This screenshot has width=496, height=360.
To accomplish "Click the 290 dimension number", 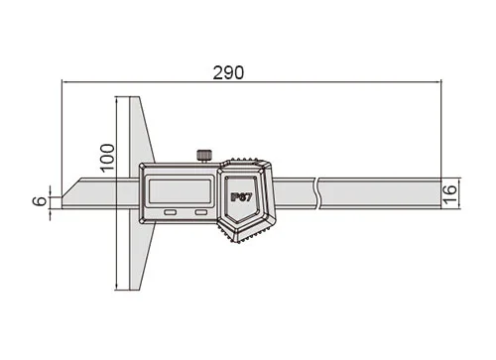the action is (x=228, y=72).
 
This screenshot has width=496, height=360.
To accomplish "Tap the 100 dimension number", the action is (x=107, y=158).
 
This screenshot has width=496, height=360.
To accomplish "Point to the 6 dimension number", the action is (x=41, y=201).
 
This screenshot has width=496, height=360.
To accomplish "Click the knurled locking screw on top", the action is (x=204, y=156).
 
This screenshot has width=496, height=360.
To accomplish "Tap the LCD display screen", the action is (x=180, y=191).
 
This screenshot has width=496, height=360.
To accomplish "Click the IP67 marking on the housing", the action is (x=241, y=197).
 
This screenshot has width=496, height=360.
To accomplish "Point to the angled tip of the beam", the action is (x=62, y=197).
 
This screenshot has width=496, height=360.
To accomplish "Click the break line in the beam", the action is (x=317, y=193).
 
